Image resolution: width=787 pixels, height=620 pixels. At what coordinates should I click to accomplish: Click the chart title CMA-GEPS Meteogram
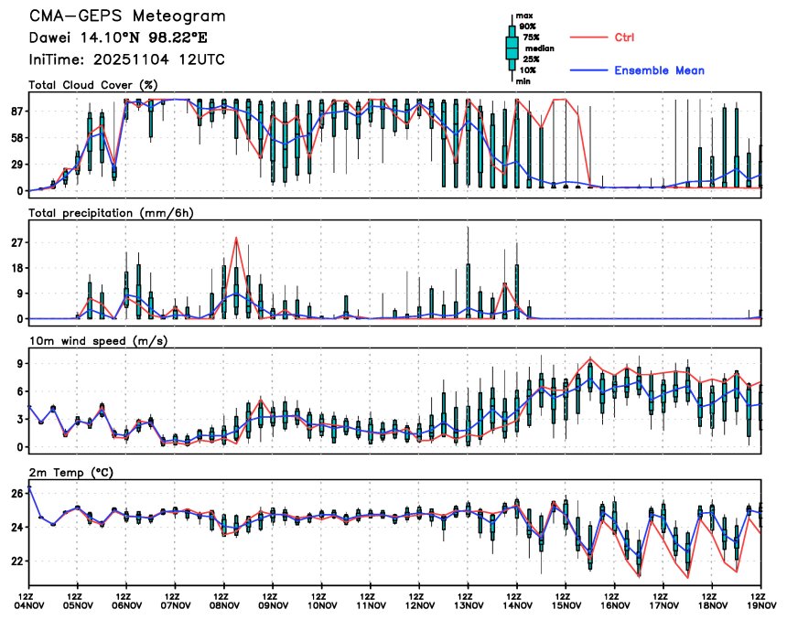pyautogui.click(x=126, y=17)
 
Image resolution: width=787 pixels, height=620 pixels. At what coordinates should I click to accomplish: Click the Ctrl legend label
pyautogui.click(x=625, y=37)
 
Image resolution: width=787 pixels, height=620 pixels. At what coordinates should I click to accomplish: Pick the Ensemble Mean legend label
pyautogui.click(x=659, y=70)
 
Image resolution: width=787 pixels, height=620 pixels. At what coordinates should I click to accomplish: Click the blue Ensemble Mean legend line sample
pyautogui.click(x=590, y=70)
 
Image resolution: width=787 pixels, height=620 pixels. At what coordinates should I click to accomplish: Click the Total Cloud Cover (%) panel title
pyautogui.click(x=94, y=85)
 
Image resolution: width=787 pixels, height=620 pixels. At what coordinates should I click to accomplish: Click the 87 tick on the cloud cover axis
pyautogui.click(x=16, y=112)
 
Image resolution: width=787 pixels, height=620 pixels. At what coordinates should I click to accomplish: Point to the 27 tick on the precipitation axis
pyautogui.click(x=16, y=242)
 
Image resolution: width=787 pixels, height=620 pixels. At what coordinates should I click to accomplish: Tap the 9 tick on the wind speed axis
pyautogui.click(x=19, y=364)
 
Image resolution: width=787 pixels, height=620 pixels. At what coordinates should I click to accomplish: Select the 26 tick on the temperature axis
pyautogui.click(x=16, y=494)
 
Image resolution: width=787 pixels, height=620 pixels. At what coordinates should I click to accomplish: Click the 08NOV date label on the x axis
pyautogui.click(x=224, y=604)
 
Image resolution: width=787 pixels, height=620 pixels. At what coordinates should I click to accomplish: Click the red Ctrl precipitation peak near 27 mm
pyautogui.click(x=237, y=239)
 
